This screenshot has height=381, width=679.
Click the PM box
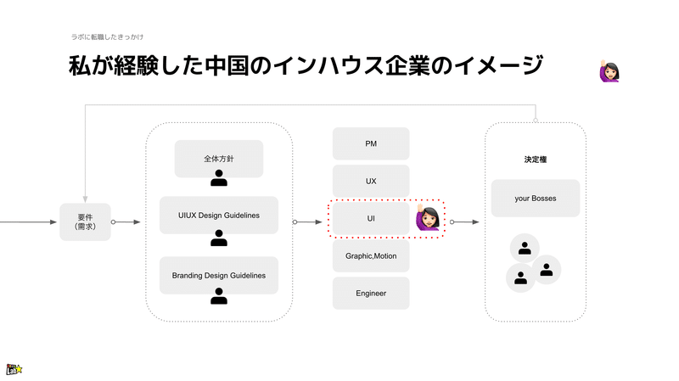point(371,143)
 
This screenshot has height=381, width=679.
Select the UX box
point(371,181)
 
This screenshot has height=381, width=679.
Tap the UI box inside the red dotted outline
point(371,218)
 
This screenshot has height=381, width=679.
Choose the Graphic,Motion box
point(371,256)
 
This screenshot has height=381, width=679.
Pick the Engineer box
point(371,293)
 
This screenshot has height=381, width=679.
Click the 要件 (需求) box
point(86,221)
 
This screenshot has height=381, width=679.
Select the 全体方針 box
point(219,159)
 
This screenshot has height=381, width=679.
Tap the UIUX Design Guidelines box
point(219,216)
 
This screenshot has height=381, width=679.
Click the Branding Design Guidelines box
point(219,276)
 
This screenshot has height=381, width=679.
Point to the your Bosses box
point(536,199)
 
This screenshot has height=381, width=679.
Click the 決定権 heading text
point(536,160)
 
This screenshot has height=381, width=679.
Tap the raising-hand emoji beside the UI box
point(428,217)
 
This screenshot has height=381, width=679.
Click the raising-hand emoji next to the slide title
point(609,71)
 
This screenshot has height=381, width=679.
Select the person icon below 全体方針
point(219,178)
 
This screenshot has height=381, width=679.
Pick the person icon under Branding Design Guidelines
point(219,296)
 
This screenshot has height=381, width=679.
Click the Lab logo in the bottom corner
point(14,369)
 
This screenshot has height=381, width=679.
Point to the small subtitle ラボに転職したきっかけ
point(108,36)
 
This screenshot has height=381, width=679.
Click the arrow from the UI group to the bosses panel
point(464,221)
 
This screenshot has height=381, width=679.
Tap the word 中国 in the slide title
point(227,66)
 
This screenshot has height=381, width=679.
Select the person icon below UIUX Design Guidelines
point(219,238)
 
